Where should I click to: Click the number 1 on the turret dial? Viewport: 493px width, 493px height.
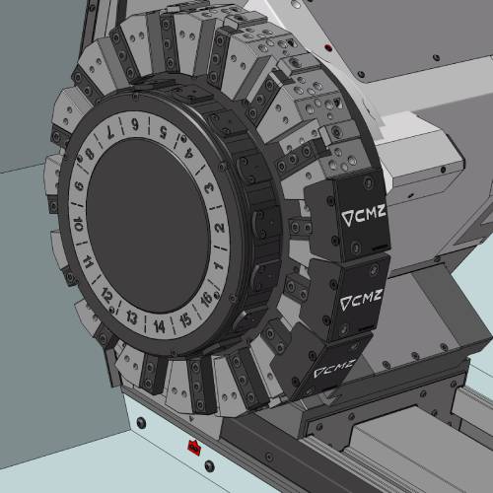(x=217, y=264)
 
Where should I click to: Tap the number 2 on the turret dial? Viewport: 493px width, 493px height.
(x=220, y=228)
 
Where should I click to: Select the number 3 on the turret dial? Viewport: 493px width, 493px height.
(x=209, y=188)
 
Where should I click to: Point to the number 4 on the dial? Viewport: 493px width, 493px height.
(x=189, y=153)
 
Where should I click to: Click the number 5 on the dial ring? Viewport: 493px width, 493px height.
(x=164, y=132)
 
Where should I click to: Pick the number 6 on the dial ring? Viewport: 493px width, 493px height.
(x=135, y=124)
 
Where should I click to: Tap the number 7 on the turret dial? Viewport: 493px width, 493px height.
(x=110, y=132)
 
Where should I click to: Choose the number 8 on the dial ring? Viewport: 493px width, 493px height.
(x=90, y=154)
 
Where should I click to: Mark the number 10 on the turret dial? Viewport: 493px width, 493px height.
(x=78, y=224)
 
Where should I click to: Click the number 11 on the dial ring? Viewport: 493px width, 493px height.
(x=88, y=261)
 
